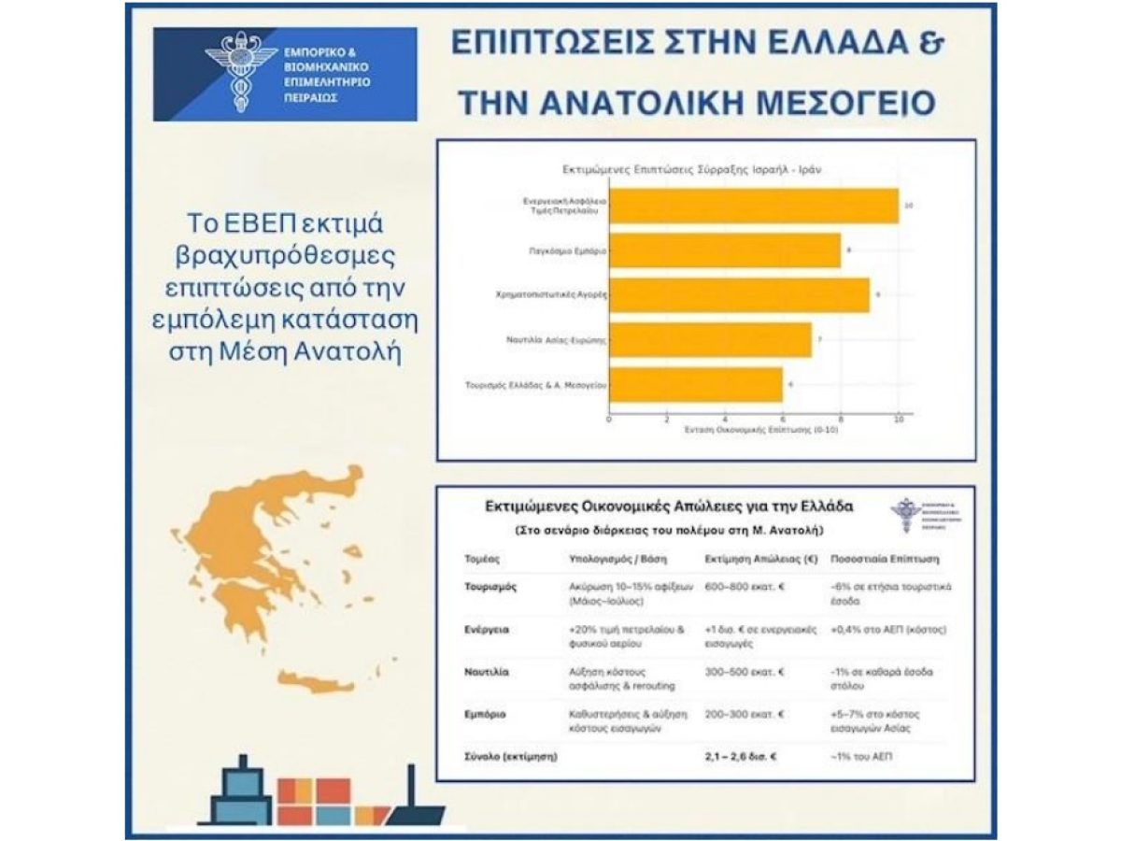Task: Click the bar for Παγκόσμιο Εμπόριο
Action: pos(724,251)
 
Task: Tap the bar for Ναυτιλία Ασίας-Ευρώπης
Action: pos(710,341)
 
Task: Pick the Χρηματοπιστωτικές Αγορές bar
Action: pos(738,296)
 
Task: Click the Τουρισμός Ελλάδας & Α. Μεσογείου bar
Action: pos(695,385)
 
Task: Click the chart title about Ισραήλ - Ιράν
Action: pos(691,171)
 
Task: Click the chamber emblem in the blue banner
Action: pos(241,73)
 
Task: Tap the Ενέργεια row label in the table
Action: pos(486,630)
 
